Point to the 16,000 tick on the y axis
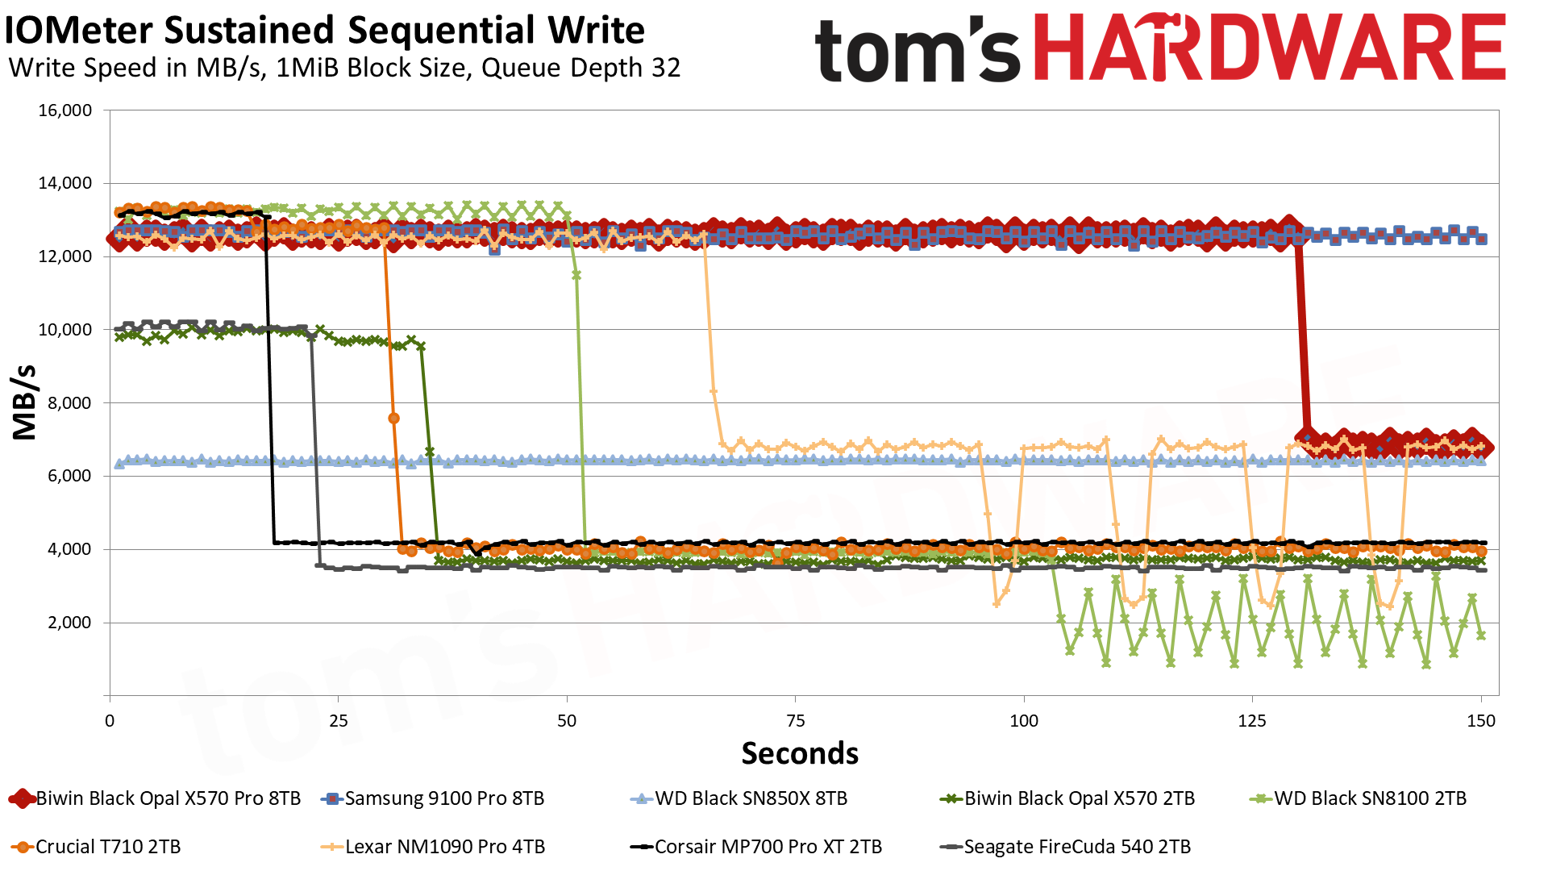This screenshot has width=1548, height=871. [65, 110]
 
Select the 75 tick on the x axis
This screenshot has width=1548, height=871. [795, 721]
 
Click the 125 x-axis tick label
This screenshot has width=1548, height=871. [1252, 721]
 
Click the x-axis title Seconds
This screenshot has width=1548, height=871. [800, 753]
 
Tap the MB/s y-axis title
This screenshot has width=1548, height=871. [25, 402]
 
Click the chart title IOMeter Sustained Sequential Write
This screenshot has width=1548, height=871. [325, 31]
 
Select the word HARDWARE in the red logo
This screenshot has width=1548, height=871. [1269, 48]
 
